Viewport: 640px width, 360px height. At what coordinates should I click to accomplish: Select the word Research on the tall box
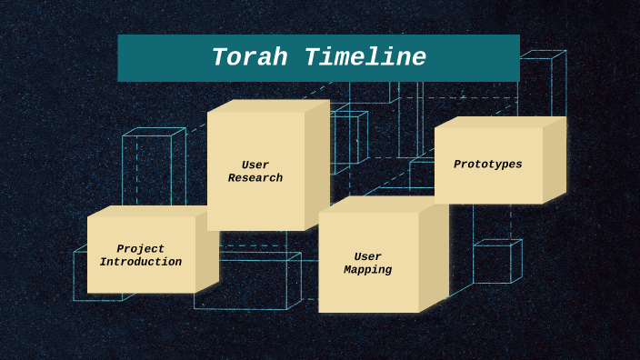tap(255, 178)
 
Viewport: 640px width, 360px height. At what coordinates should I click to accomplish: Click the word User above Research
tap(255, 165)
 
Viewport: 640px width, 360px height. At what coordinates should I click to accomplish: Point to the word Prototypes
tap(488, 165)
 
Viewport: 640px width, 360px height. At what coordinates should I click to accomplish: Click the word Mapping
tap(368, 270)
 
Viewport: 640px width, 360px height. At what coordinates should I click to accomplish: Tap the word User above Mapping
tap(368, 257)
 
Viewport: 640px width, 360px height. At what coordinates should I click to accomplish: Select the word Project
tap(141, 249)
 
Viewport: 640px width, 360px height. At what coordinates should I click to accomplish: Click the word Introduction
tap(141, 262)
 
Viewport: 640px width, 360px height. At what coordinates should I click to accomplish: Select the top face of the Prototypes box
tap(500, 122)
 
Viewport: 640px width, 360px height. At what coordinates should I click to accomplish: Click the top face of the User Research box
tap(268, 105)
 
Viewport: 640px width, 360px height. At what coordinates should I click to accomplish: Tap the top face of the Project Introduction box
tap(152, 211)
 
